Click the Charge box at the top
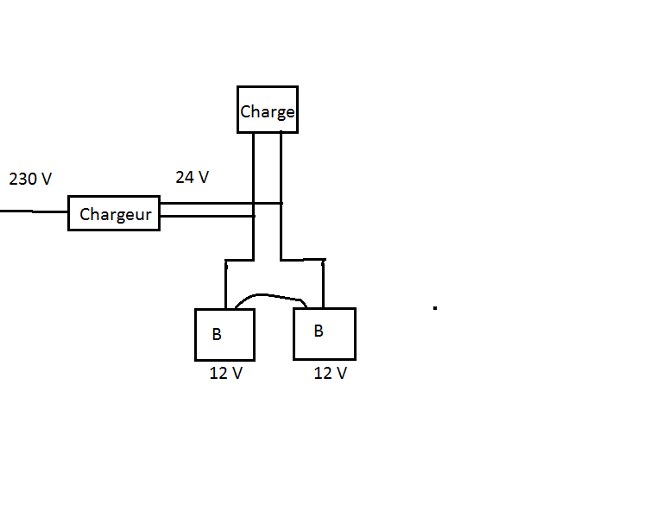coord(268,110)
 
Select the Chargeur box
coord(114,213)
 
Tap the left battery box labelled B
coord(224,334)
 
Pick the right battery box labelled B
coord(324,333)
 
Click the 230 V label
coord(30,180)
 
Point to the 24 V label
coord(192,177)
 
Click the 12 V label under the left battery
coord(226,374)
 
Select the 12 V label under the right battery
coord(330,373)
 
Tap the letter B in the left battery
coord(216,335)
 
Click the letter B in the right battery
coord(319,331)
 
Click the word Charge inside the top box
coord(268,112)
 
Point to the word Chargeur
coord(116,215)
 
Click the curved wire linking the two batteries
coord(268,296)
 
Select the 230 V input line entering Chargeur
coord(35,211)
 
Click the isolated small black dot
coord(435,307)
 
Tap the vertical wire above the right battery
coord(323,283)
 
